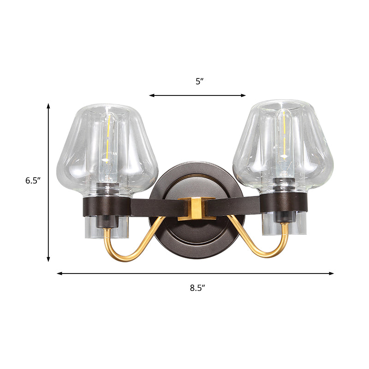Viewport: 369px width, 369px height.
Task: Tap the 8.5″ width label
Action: (x=197, y=288)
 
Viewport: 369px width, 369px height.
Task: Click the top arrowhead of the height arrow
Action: (x=48, y=106)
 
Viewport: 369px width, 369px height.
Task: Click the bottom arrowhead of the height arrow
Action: (x=48, y=260)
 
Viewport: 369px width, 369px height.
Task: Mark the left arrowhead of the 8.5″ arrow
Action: (x=59, y=274)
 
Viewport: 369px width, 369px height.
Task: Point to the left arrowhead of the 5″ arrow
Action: (x=151, y=95)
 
